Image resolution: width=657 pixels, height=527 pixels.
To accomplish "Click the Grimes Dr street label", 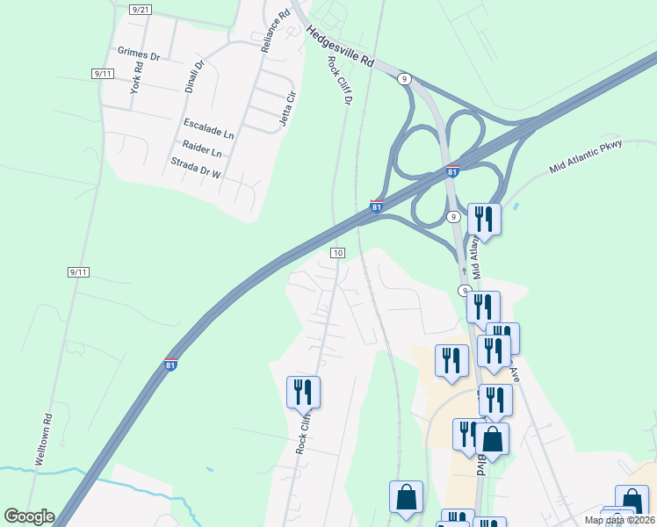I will (x=138, y=54).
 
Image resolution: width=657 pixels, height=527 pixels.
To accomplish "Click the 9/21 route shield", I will (x=139, y=9).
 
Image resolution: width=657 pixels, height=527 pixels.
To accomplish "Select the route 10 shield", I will (x=337, y=252).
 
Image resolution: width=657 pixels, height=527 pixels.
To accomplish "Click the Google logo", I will (x=29, y=516).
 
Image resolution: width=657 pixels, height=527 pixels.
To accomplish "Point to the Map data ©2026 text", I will (x=618, y=520).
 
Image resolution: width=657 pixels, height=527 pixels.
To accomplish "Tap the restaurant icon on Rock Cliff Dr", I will (x=303, y=392).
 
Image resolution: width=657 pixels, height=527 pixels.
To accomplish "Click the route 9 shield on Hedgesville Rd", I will (x=404, y=79).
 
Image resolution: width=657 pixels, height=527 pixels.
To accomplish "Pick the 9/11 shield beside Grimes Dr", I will (x=103, y=74).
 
